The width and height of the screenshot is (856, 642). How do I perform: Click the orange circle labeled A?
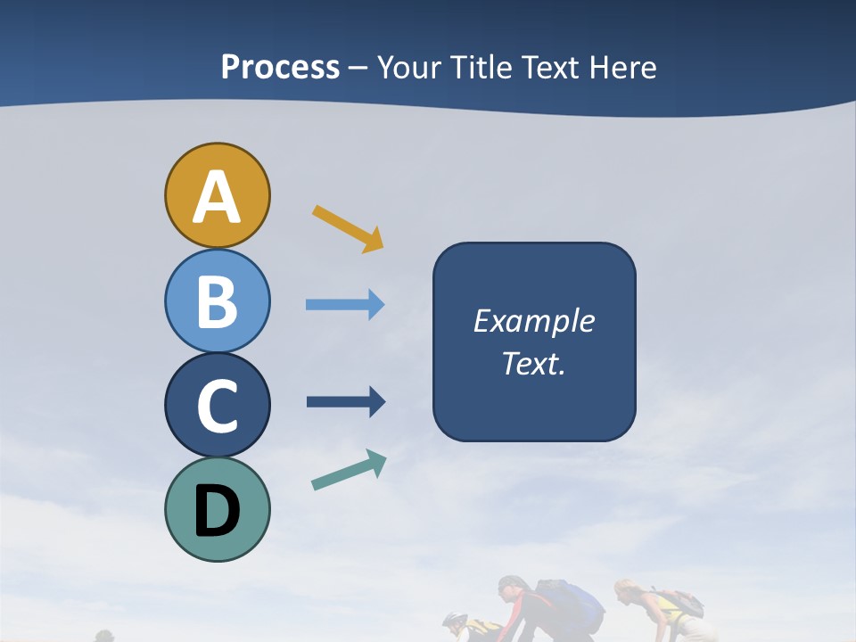217,195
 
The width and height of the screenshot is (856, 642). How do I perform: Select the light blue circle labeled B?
217,300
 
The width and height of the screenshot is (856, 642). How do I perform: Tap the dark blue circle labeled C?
217,405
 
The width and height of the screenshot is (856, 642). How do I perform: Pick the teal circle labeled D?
217,509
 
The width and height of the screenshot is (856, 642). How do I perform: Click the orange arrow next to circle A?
348,228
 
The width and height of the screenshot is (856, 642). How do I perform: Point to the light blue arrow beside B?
345,305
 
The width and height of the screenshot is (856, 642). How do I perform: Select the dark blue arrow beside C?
346,401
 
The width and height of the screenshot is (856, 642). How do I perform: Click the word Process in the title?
280,68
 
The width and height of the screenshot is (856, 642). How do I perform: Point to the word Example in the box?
533,321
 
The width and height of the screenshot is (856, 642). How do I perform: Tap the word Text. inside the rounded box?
533,363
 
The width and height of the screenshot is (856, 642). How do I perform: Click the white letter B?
217,300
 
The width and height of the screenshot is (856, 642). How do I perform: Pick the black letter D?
217,511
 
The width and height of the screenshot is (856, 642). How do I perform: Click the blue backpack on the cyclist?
571,602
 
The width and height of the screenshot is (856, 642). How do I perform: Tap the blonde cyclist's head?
625,590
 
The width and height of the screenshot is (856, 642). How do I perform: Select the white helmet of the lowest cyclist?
455,620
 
